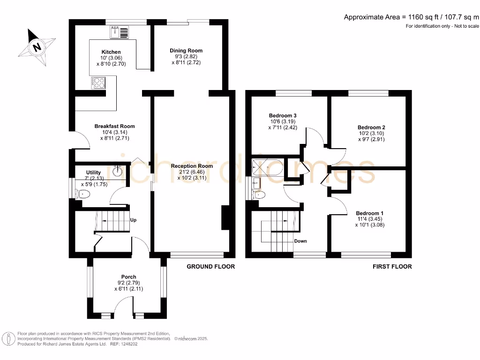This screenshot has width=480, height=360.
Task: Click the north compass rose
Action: tap(37, 47)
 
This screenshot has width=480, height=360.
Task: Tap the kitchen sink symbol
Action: tap(119, 32)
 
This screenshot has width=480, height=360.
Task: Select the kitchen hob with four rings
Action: tap(98, 83)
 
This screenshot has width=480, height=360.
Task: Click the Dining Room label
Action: tap(186, 51)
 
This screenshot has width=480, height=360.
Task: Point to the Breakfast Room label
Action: tap(114, 126)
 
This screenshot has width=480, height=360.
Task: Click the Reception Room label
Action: tap(192, 166)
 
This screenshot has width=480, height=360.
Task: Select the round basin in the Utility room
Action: tap(118, 172)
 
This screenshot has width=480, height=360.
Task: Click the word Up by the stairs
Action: tap(133, 220)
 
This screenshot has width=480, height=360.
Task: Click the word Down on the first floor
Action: tap(300, 241)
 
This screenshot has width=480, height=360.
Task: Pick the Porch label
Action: tap(128, 277)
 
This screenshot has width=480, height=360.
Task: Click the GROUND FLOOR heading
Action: tap(210, 267)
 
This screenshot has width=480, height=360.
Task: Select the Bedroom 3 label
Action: tap(283, 115)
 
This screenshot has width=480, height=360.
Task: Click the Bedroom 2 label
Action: tap(371, 127)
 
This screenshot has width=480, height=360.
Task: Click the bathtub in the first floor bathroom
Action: tap(266, 167)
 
